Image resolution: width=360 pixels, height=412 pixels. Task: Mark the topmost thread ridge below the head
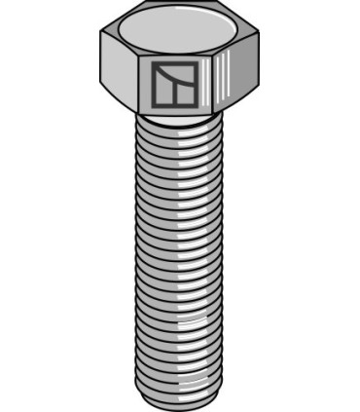[181, 127]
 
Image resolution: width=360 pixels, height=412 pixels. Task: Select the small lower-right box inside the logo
[188, 94]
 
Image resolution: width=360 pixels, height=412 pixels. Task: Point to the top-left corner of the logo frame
[154, 63]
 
